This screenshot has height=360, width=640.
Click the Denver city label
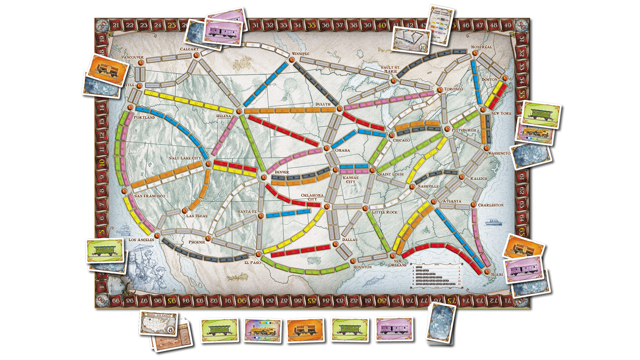tap(282, 172)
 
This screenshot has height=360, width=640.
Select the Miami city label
tap(497, 274)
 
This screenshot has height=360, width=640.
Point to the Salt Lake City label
tap(185, 158)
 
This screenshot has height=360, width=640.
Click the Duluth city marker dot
tap(339, 109)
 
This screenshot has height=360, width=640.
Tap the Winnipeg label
tap(300, 54)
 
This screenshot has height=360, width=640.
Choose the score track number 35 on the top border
tap(311, 25)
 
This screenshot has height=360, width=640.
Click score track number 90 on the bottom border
tap(243, 301)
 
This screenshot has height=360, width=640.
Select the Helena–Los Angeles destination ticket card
tap(158, 323)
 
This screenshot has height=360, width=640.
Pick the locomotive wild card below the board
tap(263, 330)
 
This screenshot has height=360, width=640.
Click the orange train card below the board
tap(305, 330)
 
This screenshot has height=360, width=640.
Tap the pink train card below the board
tap(394, 329)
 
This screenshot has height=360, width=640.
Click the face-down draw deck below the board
tap(441, 323)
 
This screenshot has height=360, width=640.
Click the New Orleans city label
tap(397, 263)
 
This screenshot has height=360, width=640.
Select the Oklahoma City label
tap(312, 197)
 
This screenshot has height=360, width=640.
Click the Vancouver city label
tap(132, 57)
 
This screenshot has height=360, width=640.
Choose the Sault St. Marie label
tap(390, 69)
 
